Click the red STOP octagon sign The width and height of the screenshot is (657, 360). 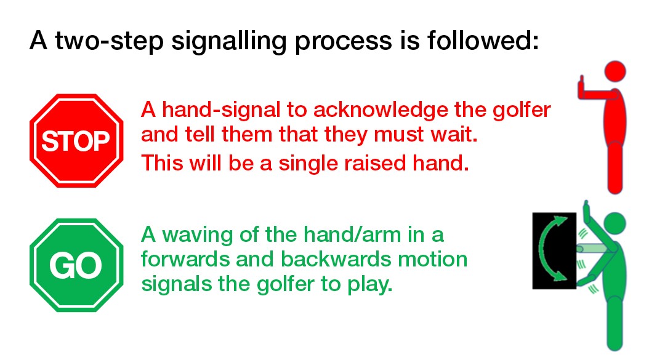(77, 141)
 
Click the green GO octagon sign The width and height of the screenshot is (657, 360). (77, 265)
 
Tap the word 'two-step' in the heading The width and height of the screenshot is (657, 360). (110, 41)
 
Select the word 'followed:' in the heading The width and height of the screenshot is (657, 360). (483, 40)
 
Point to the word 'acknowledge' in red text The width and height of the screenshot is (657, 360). (381, 110)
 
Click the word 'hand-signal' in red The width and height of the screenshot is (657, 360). (221, 110)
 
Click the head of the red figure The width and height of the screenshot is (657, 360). (615, 71)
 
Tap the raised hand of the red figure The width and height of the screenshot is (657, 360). (581, 87)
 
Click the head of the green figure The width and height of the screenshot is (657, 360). (615, 223)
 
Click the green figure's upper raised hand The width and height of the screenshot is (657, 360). (587, 213)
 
